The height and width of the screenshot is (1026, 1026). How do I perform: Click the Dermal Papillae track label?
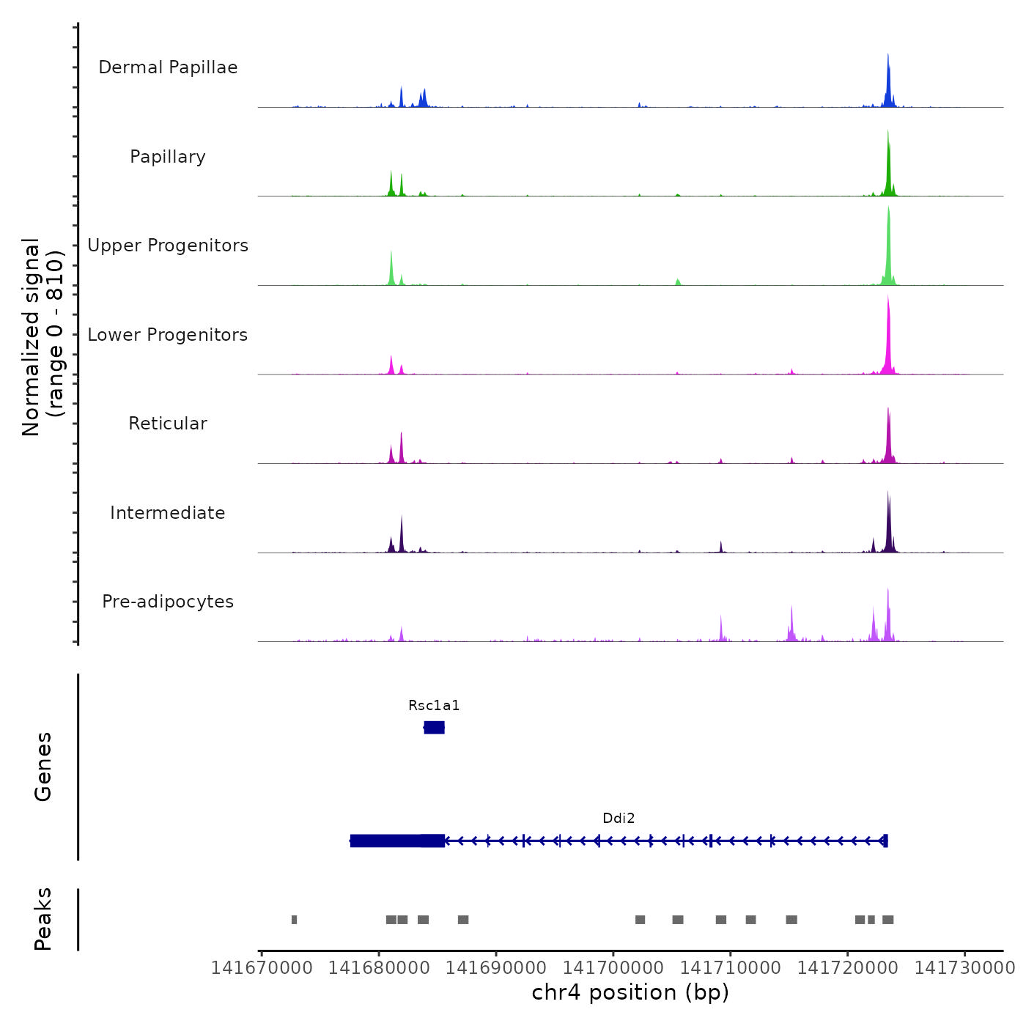coord(168,67)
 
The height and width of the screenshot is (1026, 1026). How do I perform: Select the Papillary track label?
coord(168,157)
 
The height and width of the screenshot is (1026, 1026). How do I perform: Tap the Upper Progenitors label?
coord(168,246)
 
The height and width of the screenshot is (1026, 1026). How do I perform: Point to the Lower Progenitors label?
coord(168,335)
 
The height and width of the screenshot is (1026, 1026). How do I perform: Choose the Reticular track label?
coord(168,424)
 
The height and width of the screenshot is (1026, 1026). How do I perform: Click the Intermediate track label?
coord(168,513)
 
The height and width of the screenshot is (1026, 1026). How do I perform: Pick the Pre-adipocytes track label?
coord(168,602)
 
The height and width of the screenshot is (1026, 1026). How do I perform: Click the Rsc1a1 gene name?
coord(434,706)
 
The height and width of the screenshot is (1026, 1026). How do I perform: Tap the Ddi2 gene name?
coord(619,819)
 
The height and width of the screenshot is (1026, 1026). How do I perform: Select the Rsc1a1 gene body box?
coord(435,727)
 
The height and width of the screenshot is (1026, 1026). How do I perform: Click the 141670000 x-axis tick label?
coord(262,968)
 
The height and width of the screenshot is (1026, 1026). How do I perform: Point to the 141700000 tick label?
coord(613,968)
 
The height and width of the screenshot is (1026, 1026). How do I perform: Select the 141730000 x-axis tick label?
coord(964,968)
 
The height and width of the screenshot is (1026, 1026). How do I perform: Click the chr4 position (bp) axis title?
coord(630,992)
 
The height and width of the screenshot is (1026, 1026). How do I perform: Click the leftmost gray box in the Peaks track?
coord(294,920)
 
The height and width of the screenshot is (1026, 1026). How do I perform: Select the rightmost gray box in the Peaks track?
coord(887,920)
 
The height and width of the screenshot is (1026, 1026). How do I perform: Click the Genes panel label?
coord(43,767)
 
